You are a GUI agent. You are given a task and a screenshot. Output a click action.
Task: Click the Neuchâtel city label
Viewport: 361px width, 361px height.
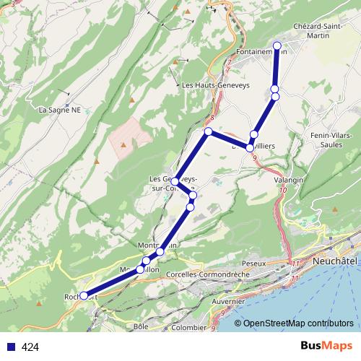pos(336,259)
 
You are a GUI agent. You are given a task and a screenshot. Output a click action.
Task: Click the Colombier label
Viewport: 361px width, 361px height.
pos(188,326)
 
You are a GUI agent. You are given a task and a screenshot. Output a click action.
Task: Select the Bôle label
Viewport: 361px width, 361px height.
pos(141,326)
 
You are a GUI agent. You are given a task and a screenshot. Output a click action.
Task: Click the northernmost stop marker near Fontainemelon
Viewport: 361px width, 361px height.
pos(277,45)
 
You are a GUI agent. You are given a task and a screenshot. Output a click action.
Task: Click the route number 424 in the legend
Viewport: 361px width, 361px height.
pos(30,347)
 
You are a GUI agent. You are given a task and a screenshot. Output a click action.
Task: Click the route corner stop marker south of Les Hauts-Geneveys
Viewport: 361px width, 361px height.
pos(208,131)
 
